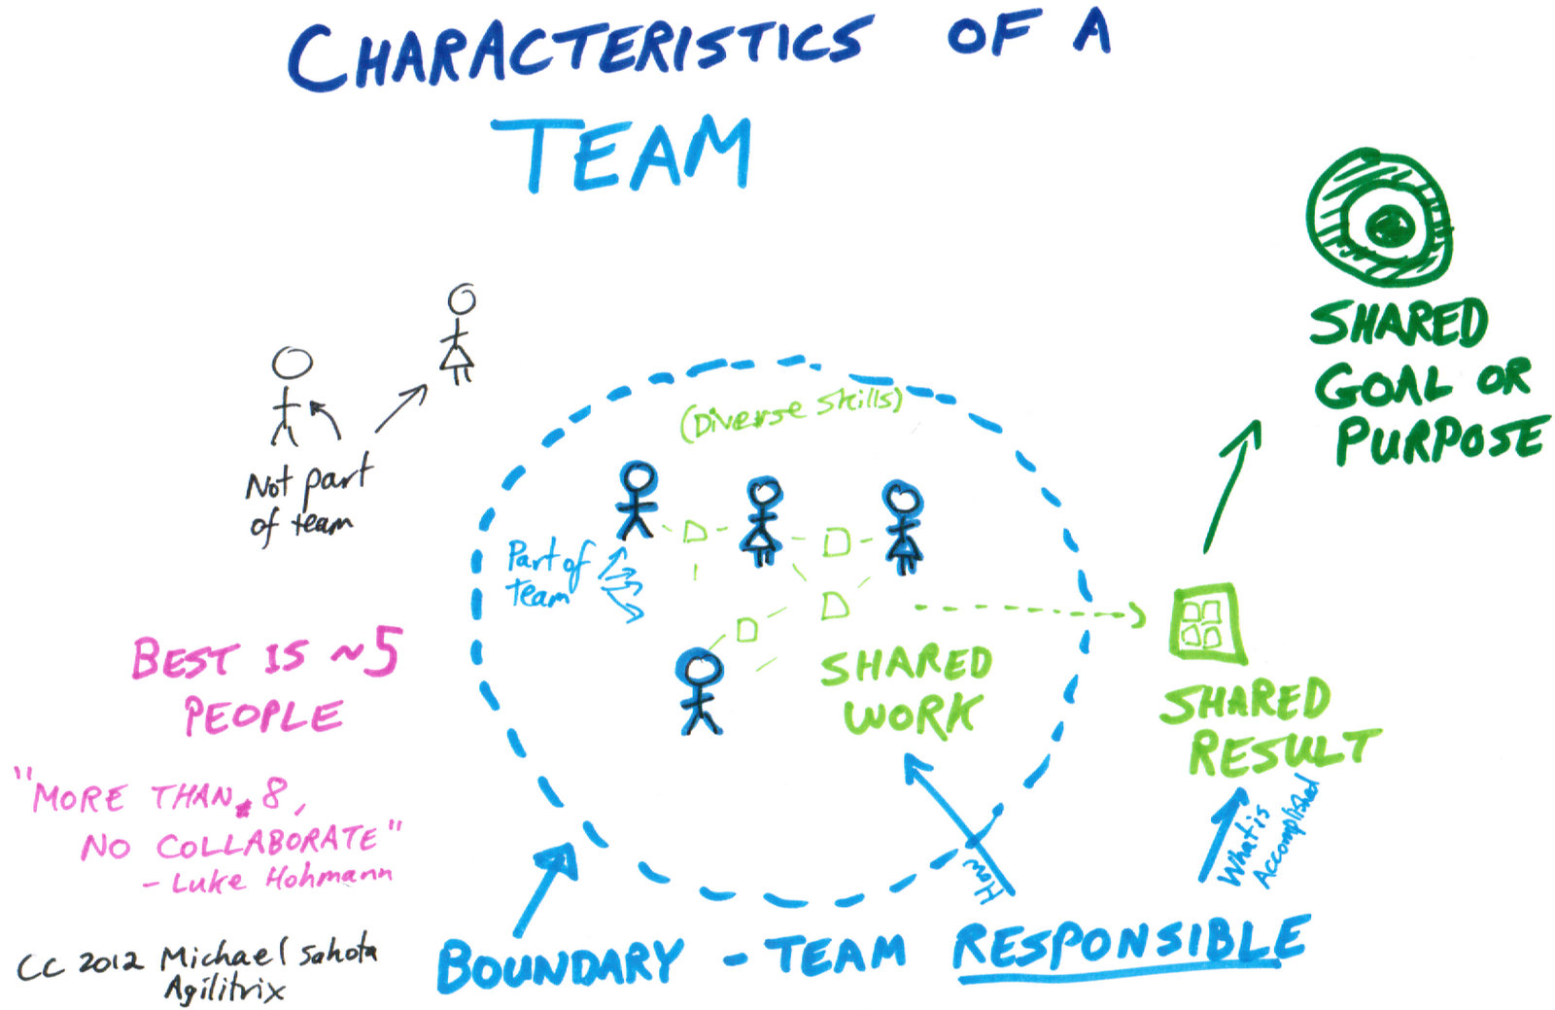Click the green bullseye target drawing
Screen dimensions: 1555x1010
coord(1379,218)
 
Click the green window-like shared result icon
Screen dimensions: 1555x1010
coord(1206,624)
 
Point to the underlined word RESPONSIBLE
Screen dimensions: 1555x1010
coord(1129,947)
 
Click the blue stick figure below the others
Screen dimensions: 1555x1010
coord(700,691)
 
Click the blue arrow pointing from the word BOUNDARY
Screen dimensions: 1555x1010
coord(545,888)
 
